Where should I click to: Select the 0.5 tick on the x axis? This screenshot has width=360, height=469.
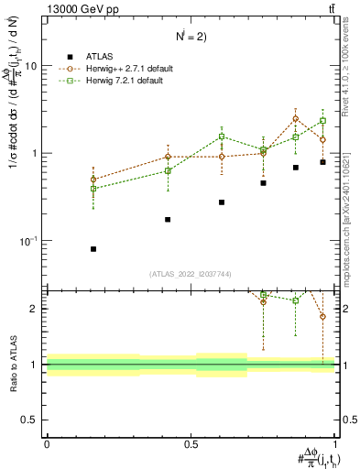tap(191, 444)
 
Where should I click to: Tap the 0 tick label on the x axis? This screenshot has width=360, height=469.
tap(47, 444)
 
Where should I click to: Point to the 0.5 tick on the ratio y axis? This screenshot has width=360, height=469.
tap(32, 420)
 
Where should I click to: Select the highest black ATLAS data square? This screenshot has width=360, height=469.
tap(322, 162)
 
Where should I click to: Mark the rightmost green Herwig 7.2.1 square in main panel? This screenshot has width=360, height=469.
tap(322, 120)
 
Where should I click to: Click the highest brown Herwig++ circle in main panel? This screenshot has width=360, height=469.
tap(295, 118)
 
